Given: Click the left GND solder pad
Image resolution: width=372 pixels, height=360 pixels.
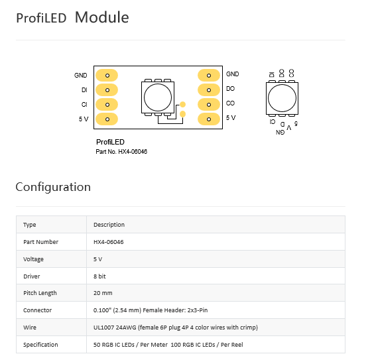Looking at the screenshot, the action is click(x=107, y=76).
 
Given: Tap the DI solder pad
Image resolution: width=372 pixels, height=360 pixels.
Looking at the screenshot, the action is click(x=107, y=90).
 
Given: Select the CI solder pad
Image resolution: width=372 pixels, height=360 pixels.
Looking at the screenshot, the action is click(x=107, y=105).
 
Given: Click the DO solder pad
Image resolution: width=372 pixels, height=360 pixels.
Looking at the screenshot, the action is click(x=209, y=90).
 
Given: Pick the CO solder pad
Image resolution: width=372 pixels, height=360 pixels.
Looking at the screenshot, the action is click(x=209, y=105).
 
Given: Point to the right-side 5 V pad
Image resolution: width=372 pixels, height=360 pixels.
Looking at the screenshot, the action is click(x=209, y=119).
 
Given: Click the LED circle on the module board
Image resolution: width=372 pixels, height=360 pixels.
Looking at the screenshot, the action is click(x=158, y=97).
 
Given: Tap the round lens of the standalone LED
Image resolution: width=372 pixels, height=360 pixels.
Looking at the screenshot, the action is click(x=282, y=98).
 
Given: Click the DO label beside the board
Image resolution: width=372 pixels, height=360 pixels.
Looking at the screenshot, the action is click(x=230, y=89).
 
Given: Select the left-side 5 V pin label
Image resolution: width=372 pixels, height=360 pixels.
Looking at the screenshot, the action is click(x=84, y=119).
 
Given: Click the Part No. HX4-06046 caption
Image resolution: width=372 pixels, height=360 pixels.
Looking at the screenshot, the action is click(x=121, y=152).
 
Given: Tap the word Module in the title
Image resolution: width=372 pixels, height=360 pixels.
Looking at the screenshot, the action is click(x=102, y=17).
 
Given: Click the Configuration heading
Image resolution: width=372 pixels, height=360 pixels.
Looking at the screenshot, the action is click(x=53, y=187).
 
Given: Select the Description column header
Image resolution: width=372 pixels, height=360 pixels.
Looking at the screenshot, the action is click(x=109, y=225).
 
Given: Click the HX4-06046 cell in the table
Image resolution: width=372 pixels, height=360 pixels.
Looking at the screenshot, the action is click(x=109, y=242).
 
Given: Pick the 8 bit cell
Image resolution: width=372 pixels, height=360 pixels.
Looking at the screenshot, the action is click(x=99, y=276).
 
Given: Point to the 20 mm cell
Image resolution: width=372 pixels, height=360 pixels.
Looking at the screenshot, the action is click(x=103, y=293).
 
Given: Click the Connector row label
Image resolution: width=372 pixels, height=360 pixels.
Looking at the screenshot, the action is click(x=38, y=310).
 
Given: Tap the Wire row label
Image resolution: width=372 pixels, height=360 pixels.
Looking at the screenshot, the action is click(x=30, y=328).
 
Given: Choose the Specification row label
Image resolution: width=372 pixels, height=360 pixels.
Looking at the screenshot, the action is click(x=40, y=345).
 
